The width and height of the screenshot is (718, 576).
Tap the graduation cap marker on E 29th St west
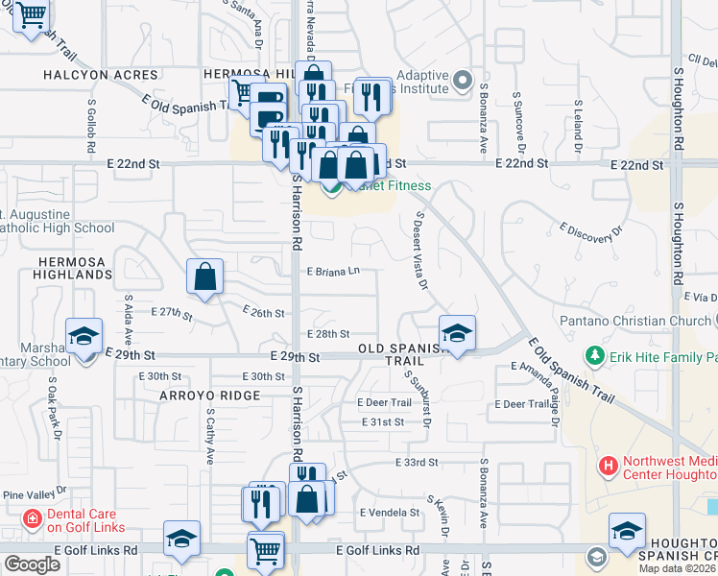coord(84,336)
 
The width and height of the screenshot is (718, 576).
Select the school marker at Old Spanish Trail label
coord(458,333)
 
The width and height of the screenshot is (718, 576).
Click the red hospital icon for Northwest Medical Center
coord(608,467)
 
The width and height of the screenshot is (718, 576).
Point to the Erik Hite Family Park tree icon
coord(595,357)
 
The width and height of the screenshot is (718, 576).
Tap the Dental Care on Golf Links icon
coord(33,519)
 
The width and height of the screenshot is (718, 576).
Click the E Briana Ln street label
coord(333,272)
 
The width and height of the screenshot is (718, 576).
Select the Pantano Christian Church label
coord(637,319)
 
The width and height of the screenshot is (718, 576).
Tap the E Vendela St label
coord(389,513)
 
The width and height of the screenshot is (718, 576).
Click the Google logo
coord(32,564)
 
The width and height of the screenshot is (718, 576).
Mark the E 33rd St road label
coord(416,463)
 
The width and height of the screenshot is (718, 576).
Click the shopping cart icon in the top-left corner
coord(33,14)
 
